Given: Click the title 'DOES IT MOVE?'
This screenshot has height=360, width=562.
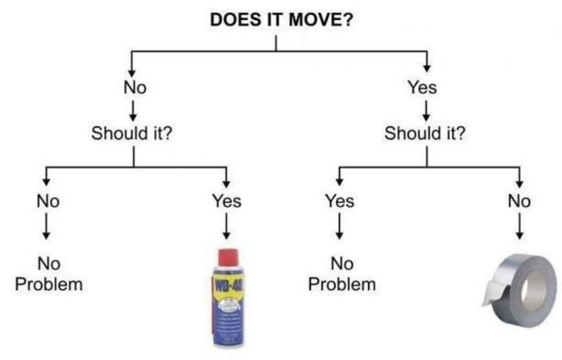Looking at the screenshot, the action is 281,20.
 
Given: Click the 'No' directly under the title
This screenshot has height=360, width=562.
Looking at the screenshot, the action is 135,87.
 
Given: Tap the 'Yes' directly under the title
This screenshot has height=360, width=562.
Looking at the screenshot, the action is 422,87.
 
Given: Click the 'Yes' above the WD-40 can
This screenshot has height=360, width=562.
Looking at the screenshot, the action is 227,201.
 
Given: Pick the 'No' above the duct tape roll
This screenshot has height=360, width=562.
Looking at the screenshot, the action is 519,201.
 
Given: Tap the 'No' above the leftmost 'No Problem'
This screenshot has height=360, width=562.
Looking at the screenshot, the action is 48,201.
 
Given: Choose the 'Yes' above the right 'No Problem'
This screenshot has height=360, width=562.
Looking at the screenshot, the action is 340,201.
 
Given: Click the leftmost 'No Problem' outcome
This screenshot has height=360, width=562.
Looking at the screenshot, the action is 49,274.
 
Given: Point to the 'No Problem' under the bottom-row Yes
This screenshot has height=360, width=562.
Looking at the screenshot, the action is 342,274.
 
